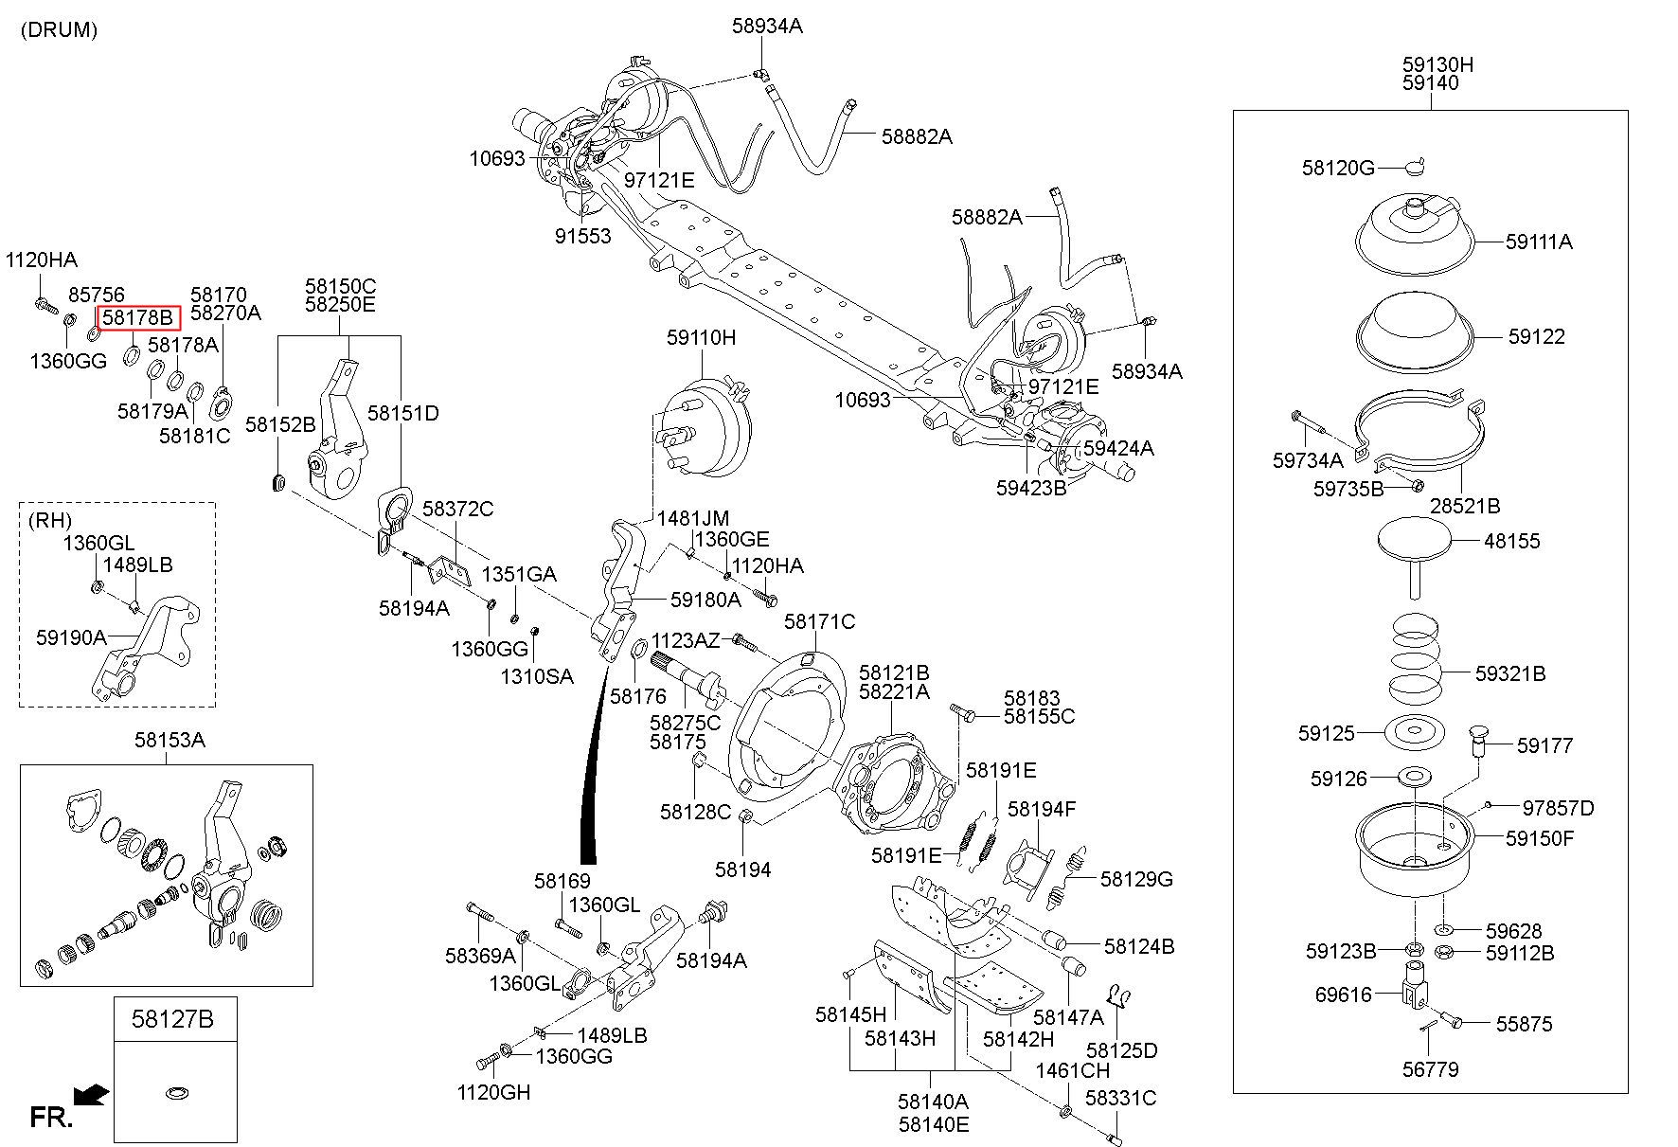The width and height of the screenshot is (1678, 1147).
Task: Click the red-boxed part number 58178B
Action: pos(138,317)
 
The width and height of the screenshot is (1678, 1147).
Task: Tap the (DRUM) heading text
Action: pos(59,29)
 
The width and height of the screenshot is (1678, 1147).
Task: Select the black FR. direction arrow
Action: pos(90,1096)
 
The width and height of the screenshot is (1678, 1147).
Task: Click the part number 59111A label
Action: pos(1539,242)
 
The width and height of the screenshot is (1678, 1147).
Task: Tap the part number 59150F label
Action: pos(1540,838)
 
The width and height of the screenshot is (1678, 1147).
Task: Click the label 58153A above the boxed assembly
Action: pos(170,740)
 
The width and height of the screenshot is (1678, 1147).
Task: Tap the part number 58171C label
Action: pos(819,621)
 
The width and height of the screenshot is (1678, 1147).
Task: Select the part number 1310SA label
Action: pos(537,676)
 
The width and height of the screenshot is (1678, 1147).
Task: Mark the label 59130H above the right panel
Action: pos(1437,65)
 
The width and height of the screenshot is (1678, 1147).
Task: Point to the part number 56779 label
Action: pos(1430,1069)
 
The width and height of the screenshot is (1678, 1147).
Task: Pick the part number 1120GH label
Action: pos(493,1092)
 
